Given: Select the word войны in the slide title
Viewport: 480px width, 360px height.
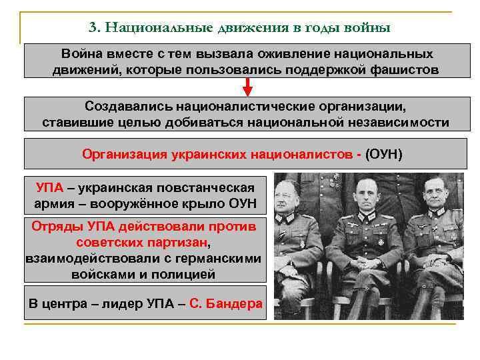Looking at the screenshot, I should tap(368, 28).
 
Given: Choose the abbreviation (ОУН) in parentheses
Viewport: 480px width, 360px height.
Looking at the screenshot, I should tap(384, 154).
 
